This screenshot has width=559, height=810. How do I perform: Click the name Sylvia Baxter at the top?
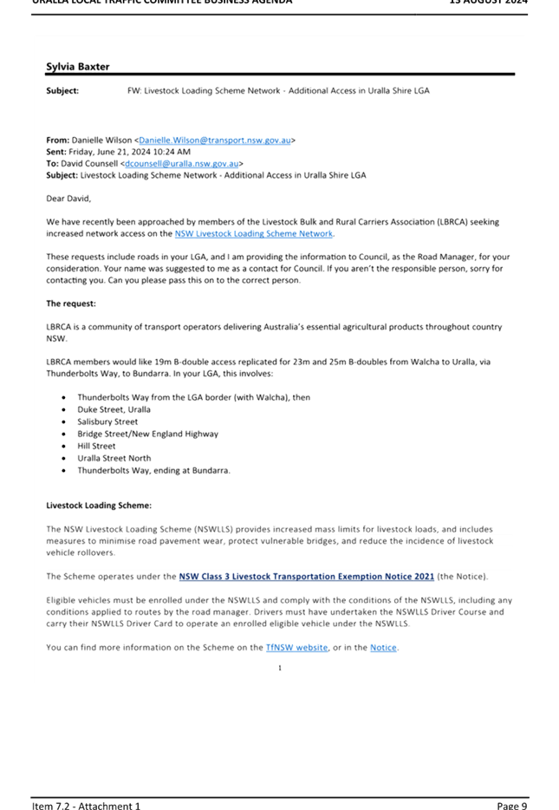pyautogui.click(x=77, y=67)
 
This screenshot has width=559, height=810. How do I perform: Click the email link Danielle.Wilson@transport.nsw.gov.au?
pyautogui.click(x=215, y=140)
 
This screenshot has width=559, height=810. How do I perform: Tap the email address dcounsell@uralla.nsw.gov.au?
pyautogui.click(x=181, y=163)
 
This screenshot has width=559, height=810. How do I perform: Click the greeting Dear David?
pyautogui.click(x=68, y=199)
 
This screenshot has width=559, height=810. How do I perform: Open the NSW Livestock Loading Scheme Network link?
pyautogui.click(x=253, y=233)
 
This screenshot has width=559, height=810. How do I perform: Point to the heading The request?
pyautogui.click(x=71, y=304)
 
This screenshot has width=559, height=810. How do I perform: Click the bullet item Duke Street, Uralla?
pyautogui.click(x=114, y=409)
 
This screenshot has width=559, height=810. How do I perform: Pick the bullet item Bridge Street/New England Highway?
pyautogui.click(x=147, y=434)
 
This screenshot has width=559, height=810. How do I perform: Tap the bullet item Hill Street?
pyautogui.click(x=96, y=446)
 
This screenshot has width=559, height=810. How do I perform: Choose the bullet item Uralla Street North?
pyautogui.click(x=114, y=458)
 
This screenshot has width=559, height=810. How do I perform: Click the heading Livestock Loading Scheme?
pyautogui.click(x=99, y=505)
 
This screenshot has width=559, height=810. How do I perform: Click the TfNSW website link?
pyautogui.click(x=296, y=647)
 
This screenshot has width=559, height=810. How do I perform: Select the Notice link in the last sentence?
pyautogui.click(x=383, y=647)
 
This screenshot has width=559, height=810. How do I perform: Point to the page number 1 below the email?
pyautogui.click(x=279, y=668)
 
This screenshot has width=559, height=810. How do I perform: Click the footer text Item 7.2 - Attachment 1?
pyautogui.click(x=86, y=806)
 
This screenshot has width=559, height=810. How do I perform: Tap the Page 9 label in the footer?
pyautogui.click(x=511, y=806)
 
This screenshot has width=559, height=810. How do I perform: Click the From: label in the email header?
pyautogui.click(x=57, y=140)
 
